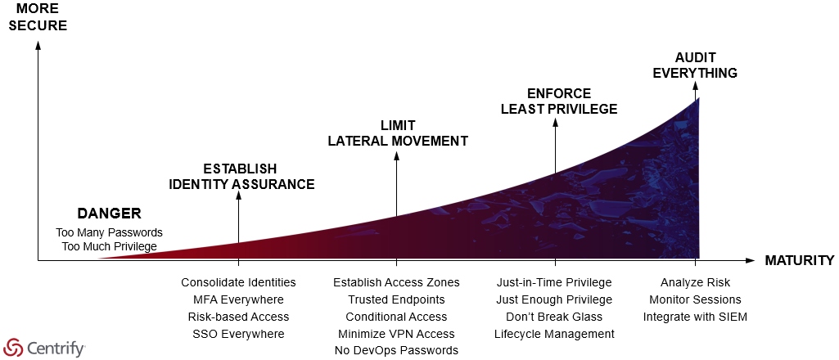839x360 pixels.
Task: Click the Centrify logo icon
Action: pyautogui.click(x=13, y=349)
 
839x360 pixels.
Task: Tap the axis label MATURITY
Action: pyautogui.click(x=800, y=260)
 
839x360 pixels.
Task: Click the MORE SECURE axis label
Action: pyautogui.click(x=38, y=17)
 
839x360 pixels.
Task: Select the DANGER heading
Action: pyautogui.click(x=109, y=214)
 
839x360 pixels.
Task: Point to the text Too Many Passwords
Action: pyautogui.click(x=109, y=232)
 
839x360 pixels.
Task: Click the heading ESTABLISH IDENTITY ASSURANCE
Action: pyautogui.click(x=241, y=177)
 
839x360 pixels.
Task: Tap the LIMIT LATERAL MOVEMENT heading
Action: pyautogui.click(x=398, y=133)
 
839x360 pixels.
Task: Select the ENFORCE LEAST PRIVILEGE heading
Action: pyautogui.click(x=559, y=101)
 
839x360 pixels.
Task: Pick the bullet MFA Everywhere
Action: pyautogui.click(x=239, y=299)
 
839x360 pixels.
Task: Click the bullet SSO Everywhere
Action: pyautogui.click(x=239, y=334)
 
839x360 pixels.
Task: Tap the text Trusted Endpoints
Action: pyautogui.click(x=396, y=299)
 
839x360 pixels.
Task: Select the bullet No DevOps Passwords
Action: pyautogui.click(x=396, y=350)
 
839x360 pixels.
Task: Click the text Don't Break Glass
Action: pyautogui.click(x=554, y=317)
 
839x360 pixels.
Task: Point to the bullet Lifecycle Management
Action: pyautogui.click(x=554, y=334)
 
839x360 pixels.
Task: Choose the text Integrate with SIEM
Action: pyautogui.click(x=695, y=317)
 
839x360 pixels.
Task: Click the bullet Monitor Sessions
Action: pyautogui.click(x=695, y=299)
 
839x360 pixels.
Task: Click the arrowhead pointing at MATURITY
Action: pyautogui.click(x=751, y=260)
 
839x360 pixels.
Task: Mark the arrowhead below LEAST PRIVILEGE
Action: pyautogui.click(x=556, y=122)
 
